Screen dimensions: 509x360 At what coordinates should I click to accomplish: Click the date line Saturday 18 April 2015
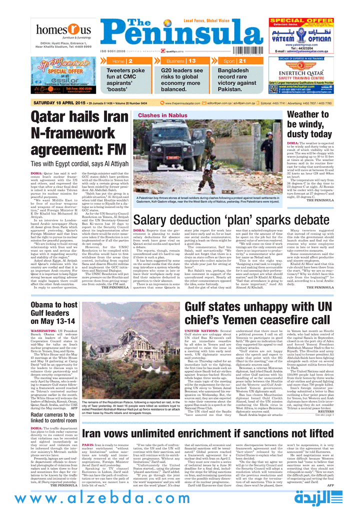point(58,103)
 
